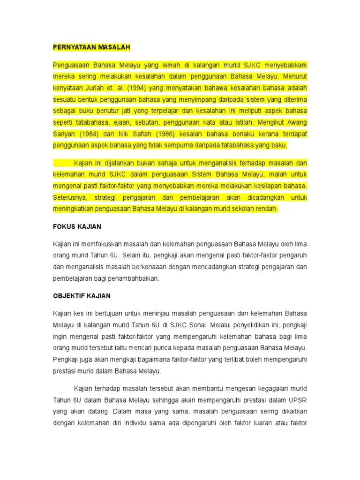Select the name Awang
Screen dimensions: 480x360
pos(297,122)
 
